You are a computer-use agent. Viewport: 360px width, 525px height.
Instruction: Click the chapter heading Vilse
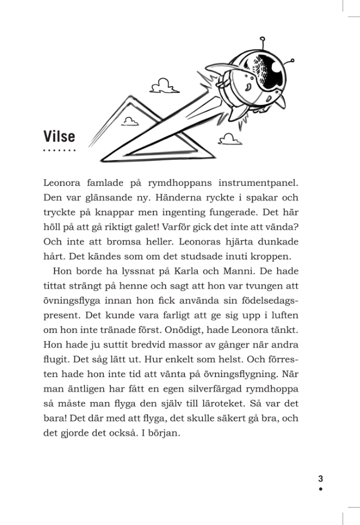tap(59, 137)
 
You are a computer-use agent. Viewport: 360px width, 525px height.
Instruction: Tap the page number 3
tap(320, 478)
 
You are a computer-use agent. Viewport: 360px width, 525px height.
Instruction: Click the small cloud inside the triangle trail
tap(130, 121)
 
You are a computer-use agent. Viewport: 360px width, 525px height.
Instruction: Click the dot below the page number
tap(320, 488)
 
